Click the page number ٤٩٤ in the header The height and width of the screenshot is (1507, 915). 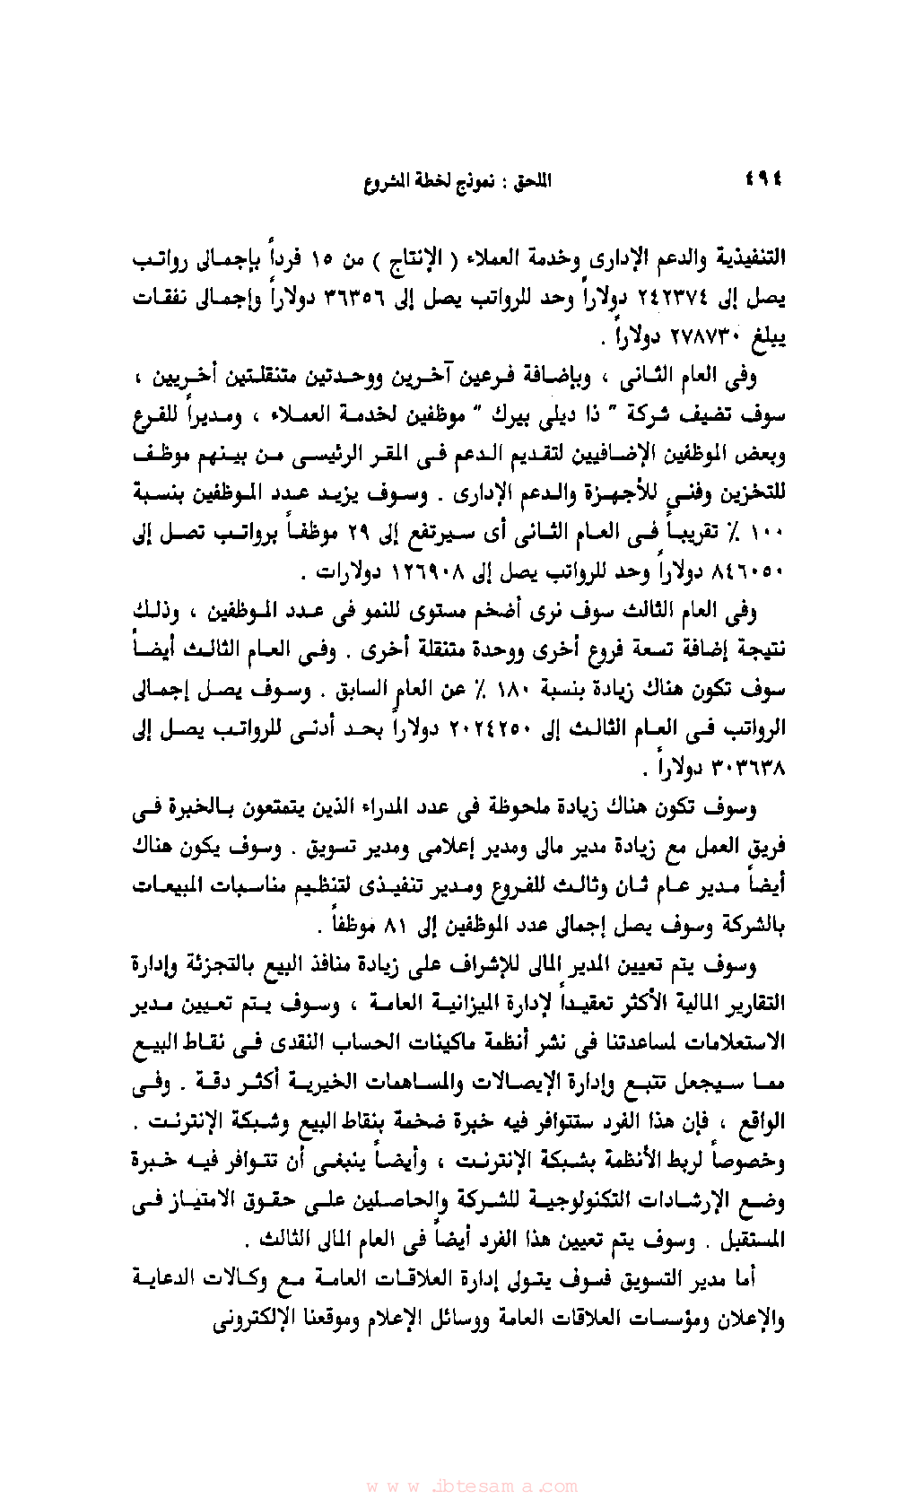coord(764,180)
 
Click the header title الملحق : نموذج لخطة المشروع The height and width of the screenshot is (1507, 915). coord(457,181)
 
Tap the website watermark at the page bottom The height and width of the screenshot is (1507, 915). coord(472,1485)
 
